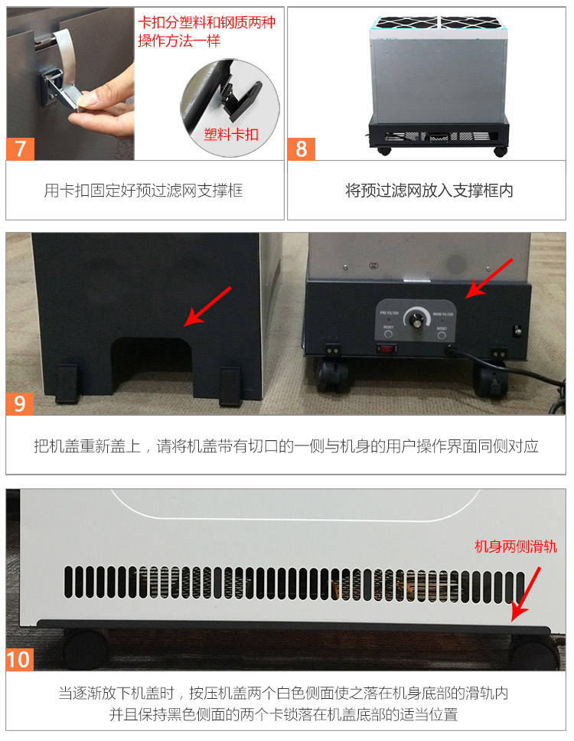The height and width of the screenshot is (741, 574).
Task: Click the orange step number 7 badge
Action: point(20,148)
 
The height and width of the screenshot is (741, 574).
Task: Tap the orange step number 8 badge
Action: point(302,148)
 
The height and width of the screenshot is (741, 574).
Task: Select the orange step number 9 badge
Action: point(20,403)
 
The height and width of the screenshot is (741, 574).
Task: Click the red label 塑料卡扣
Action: point(230,135)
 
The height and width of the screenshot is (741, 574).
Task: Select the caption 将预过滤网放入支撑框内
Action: point(429,191)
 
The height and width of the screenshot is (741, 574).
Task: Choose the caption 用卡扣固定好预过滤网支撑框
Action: point(143,191)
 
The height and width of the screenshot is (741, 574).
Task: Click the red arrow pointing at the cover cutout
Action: point(211,306)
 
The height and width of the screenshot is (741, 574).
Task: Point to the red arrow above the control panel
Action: point(491,278)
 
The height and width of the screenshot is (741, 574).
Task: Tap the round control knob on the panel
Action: point(417,320)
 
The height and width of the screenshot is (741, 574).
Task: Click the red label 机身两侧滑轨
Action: point(516,546)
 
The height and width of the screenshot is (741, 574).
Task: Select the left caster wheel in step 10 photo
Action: point(84,649)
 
